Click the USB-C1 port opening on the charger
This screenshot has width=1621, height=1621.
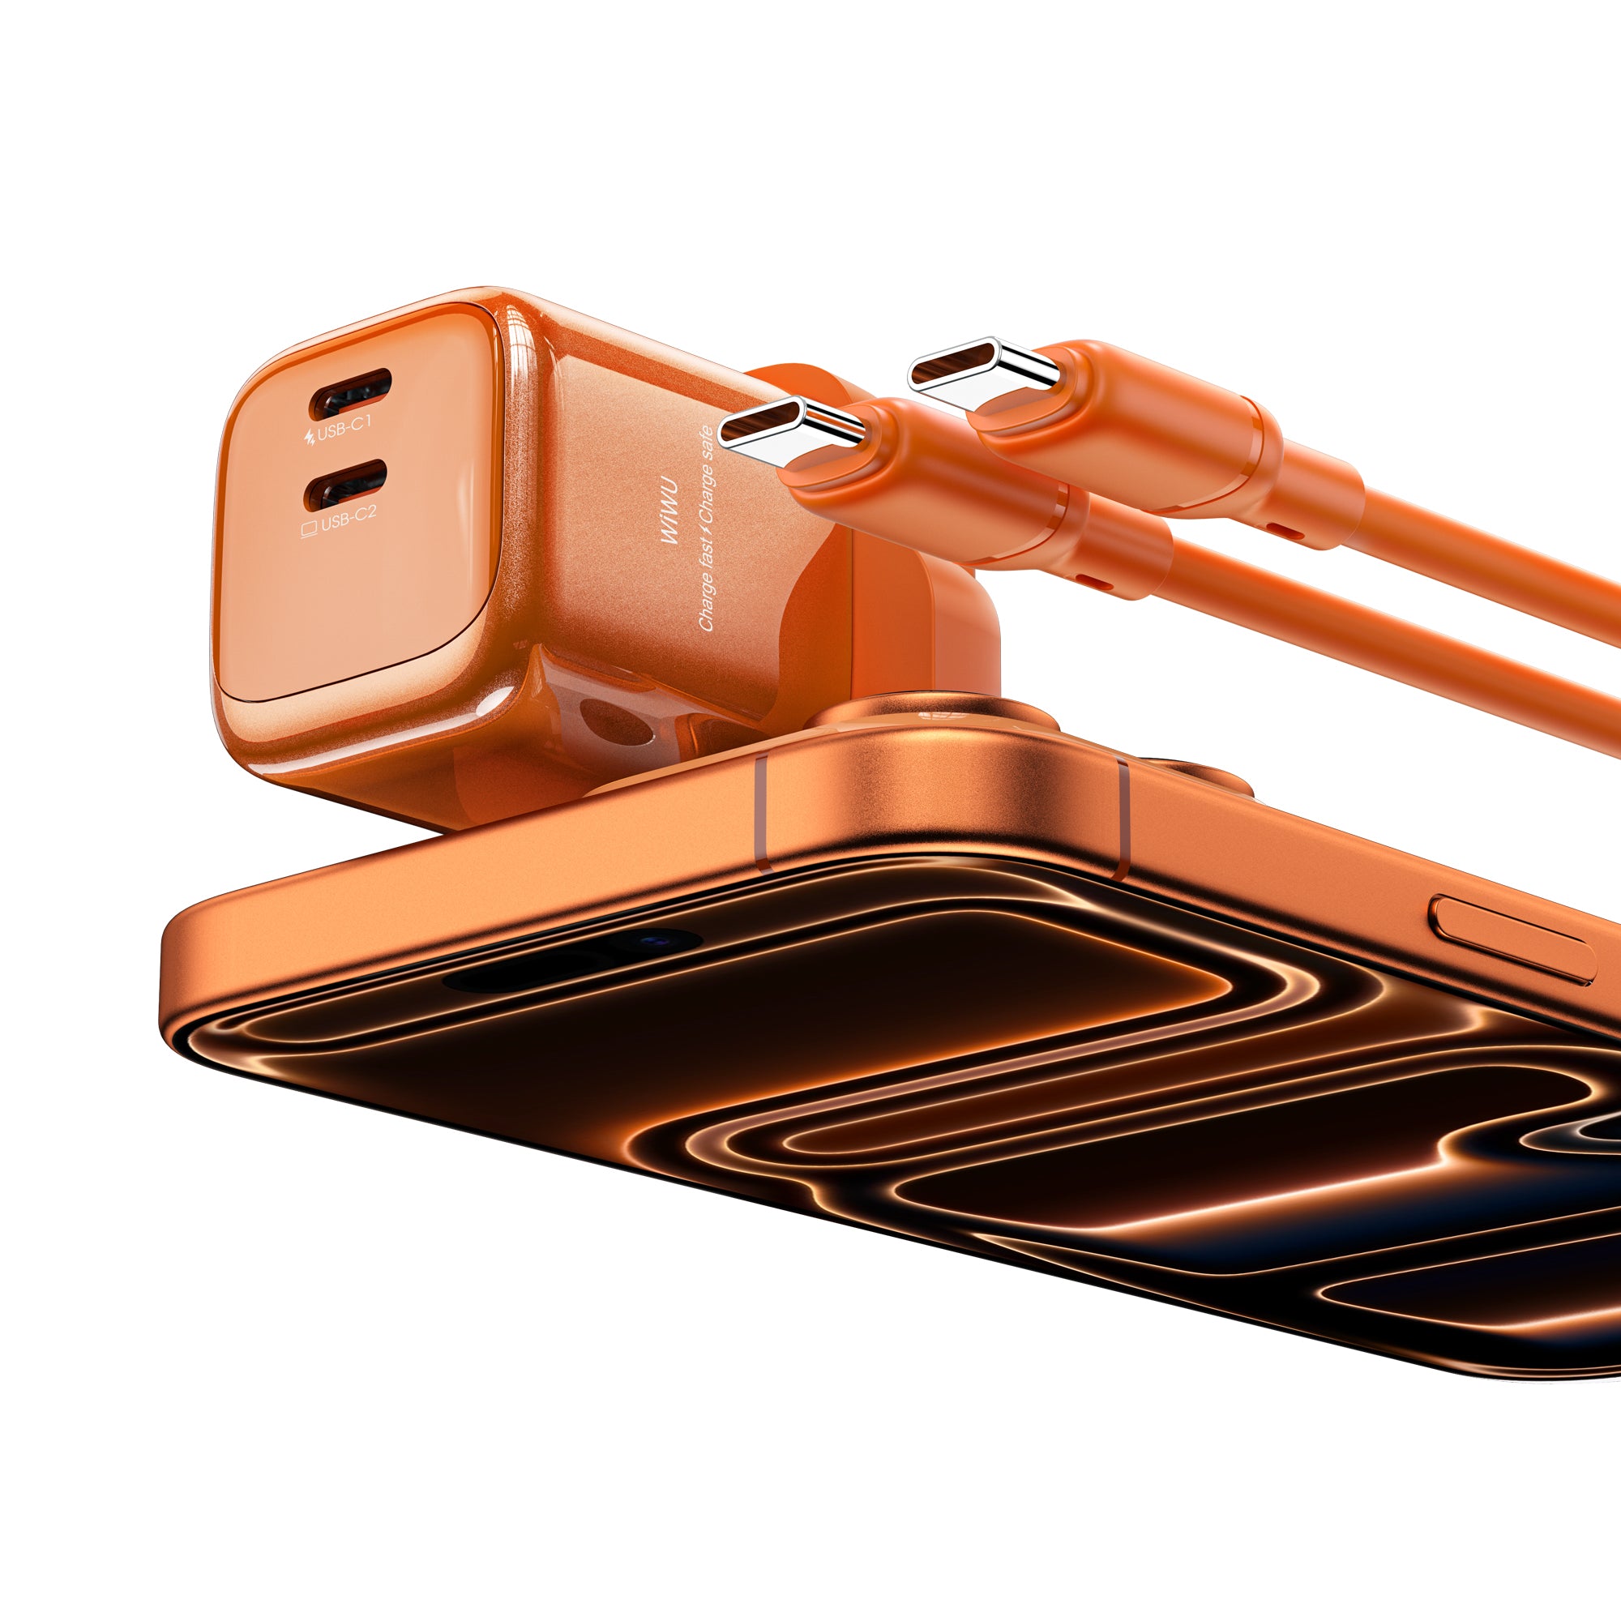pyautogui.click(x=351, y=395)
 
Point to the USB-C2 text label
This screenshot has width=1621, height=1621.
pyautogui.click(x=349, y=523)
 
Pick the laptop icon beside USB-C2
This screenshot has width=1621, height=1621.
pyautogui.click(x=309, y=528)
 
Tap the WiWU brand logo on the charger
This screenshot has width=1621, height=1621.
pyautogui.click(x=669, y=521)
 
